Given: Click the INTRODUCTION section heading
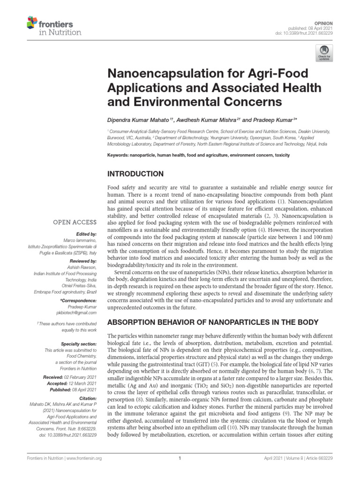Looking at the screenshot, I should pyautogui.click(x=135, y=174).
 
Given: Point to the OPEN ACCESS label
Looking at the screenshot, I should pyautogui.click(x=75, y=222).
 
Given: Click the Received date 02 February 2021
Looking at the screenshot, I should pyautogui.click(x=79, y=376).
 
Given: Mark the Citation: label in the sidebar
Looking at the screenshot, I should pyautogui.click(x=87, y=398).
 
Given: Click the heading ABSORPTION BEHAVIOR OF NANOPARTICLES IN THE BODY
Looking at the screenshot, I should pyautogui.click(x=213, y=322).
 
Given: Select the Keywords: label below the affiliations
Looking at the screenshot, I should pyautogui.click(x=119, y=154).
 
